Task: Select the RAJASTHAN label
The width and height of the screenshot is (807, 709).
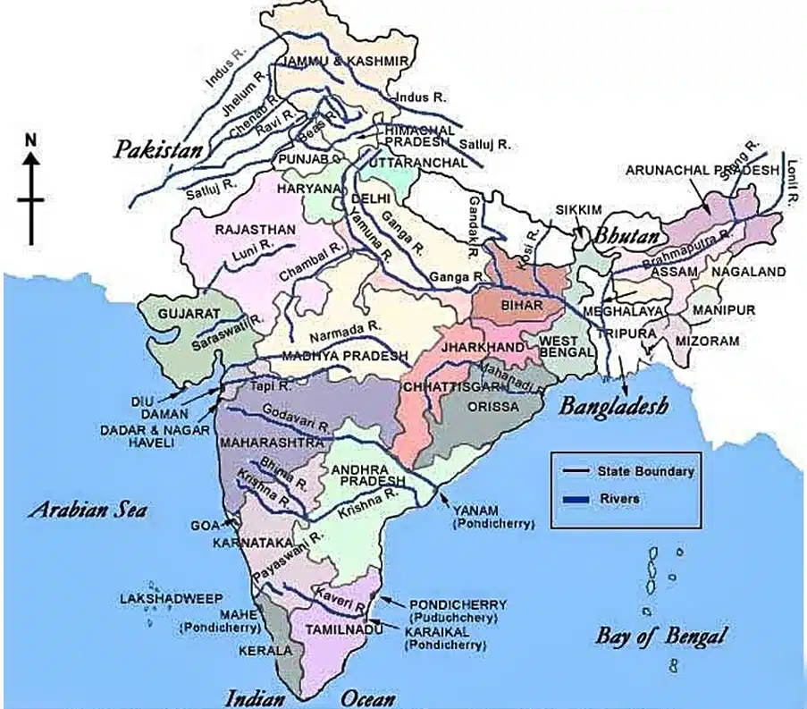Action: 255,230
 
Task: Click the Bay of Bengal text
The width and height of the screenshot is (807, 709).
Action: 660,637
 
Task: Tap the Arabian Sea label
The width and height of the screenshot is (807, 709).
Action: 87,511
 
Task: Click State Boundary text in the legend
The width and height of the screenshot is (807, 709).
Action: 645,470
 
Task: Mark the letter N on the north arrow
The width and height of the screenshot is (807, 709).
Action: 31,139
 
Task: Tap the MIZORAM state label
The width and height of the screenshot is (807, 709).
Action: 708,341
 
